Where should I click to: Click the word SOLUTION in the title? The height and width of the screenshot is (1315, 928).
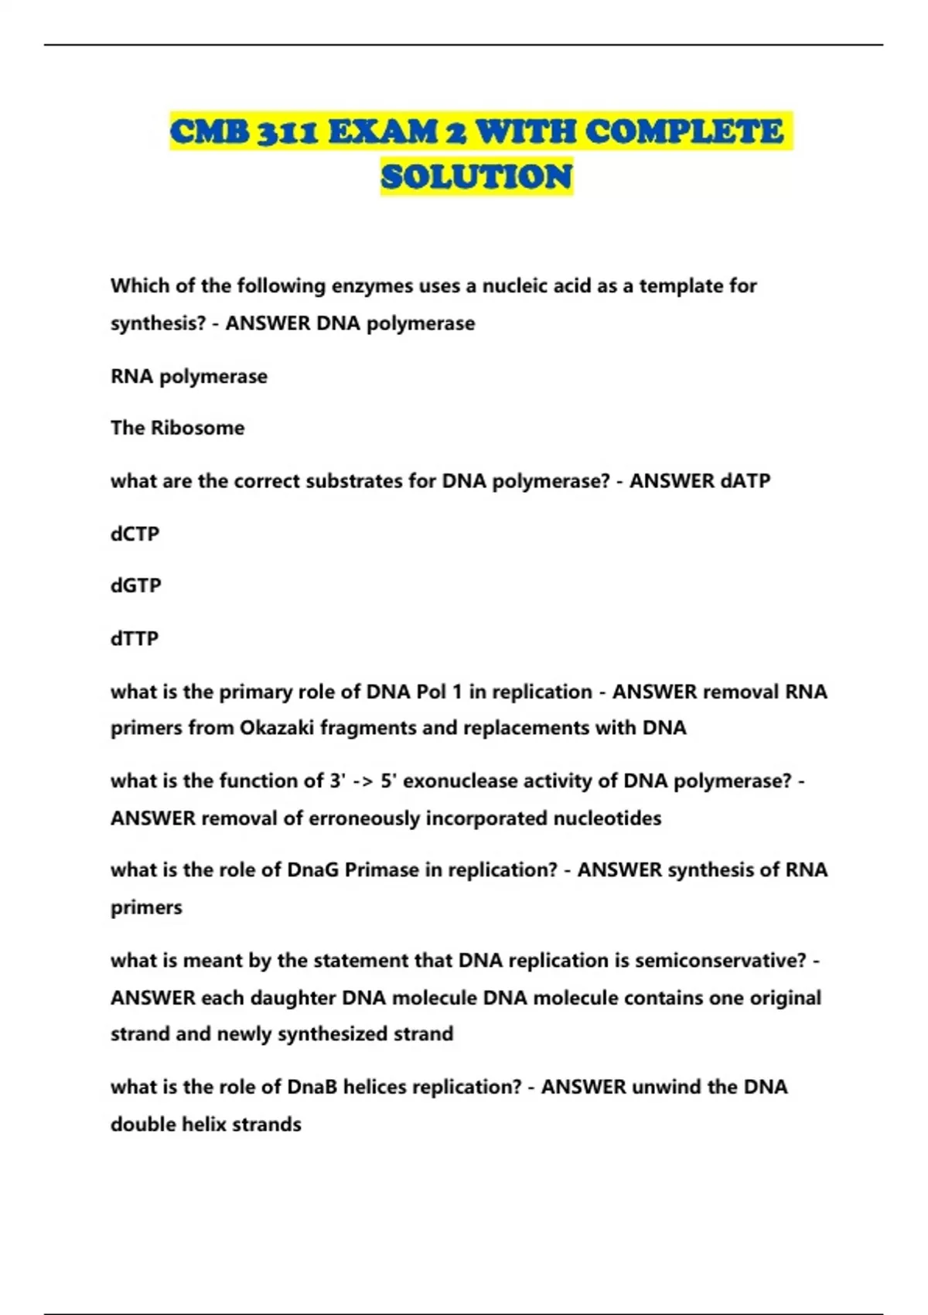(476, 177)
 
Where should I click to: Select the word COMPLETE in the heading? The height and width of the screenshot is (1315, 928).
(684, 132)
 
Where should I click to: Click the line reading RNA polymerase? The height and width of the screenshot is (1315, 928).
(189, 377)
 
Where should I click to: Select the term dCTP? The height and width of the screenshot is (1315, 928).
(135, 535)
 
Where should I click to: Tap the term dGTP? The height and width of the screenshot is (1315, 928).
(136, 586)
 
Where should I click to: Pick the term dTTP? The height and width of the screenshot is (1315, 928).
(135, 639)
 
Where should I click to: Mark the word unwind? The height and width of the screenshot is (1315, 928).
(666, 1088)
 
